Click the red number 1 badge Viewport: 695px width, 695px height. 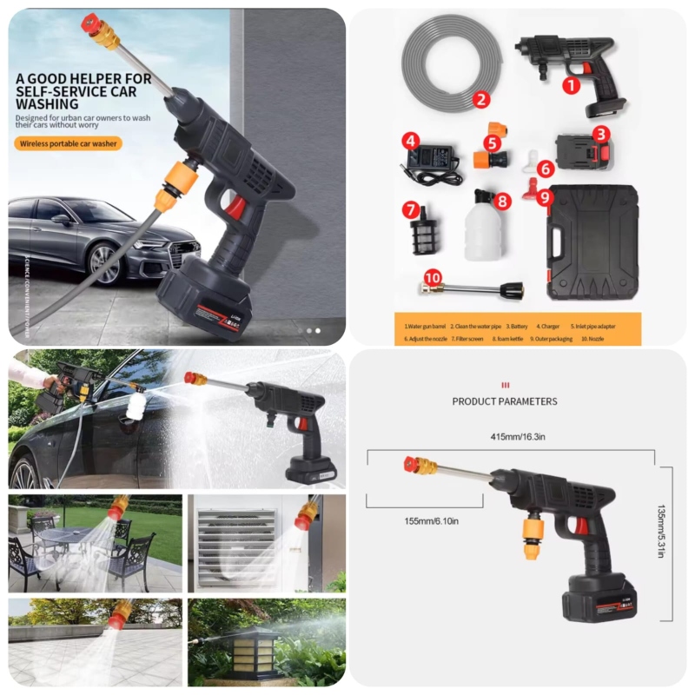(571, 85)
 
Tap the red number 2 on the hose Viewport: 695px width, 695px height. (481, 99)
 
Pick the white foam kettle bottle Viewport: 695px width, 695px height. (483, 228)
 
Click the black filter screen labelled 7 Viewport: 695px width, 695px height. (424, 232)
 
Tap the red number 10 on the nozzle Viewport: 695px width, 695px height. (433, 278)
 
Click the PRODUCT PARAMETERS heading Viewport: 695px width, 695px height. (505, 401)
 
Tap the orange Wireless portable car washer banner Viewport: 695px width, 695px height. (68, 144)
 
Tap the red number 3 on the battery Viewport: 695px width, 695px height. (599, 134)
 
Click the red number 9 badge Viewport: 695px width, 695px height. (545, 197)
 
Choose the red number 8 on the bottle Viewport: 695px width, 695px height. (501, 201)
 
